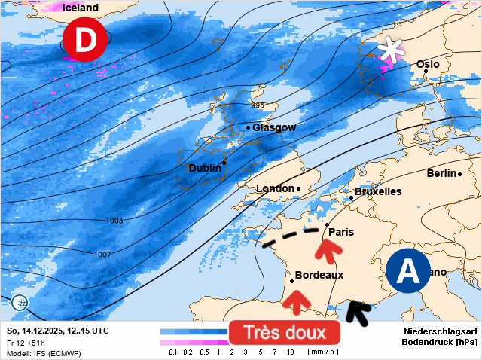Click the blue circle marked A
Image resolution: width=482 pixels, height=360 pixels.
[408, 271]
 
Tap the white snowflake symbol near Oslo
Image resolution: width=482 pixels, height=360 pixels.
[390, 50]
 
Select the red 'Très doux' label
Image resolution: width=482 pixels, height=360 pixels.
[285, 332]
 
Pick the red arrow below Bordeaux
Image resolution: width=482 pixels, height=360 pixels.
[297, 301]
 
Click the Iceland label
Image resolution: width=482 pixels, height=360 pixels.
[80, 8]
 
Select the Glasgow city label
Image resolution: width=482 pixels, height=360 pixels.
[274, 127]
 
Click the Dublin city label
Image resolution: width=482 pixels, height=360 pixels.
[205, 168]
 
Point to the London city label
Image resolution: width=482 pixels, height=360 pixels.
[275, 188]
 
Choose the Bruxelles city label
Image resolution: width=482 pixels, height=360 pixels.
[378, 191]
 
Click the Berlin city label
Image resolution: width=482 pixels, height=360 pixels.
[442, 173]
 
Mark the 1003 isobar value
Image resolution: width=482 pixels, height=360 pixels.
[114, 221]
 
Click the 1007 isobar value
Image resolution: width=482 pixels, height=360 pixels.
[102, 255]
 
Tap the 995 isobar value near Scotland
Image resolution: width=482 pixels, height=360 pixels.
[258, 105]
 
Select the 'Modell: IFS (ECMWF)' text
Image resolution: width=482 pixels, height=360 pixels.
[44, 353]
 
